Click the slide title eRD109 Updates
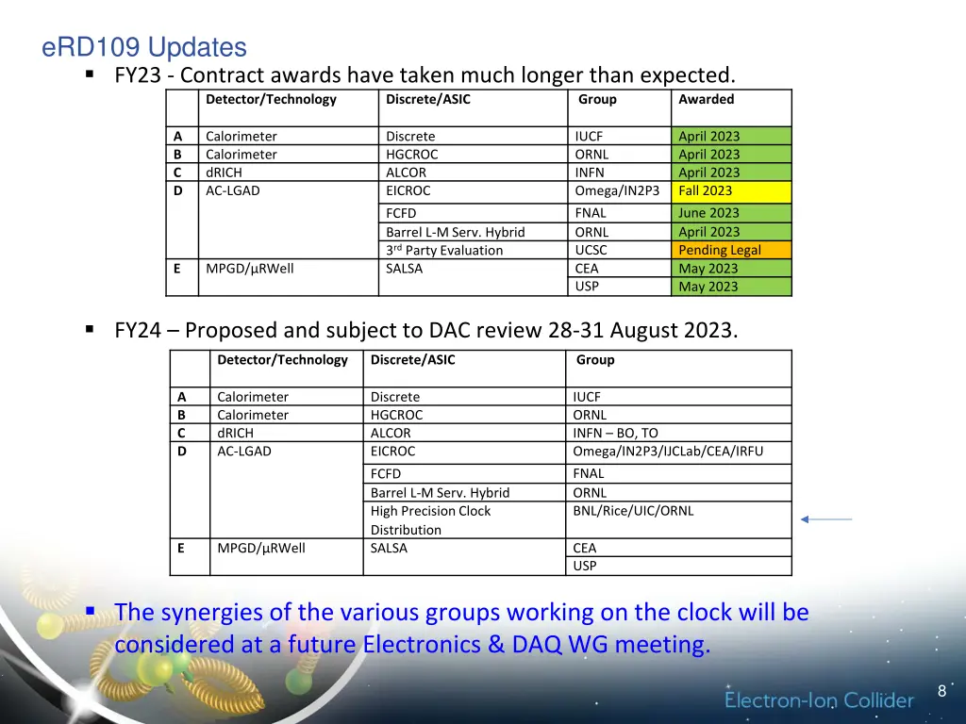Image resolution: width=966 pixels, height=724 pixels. tap(144, 47)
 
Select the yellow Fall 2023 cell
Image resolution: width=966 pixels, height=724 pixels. tap(731, 190)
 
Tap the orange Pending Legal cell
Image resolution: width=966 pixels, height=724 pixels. tap(731, 250)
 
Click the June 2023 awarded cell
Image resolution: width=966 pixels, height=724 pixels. tap(731, 213)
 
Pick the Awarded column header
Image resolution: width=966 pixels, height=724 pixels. tap(706, 99)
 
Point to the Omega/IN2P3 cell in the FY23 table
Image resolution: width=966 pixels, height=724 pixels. tap(617, 190)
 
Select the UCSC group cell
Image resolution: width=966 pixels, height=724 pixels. tap(591, 250)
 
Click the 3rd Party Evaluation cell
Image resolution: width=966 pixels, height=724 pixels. tap(444, 250)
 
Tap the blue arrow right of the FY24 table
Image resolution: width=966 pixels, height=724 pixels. tap(825, 518)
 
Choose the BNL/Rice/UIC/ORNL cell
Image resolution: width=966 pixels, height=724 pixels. tap(633, 511)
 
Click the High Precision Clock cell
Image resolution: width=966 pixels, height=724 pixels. tap(430, 511)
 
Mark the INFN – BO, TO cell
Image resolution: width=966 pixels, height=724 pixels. tap(615, 433)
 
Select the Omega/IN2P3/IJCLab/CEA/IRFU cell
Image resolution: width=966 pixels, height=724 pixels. tap(668, 451)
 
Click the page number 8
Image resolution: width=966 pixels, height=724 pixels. tap(941, 692)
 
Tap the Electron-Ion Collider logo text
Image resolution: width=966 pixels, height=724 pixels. tap(819, 700)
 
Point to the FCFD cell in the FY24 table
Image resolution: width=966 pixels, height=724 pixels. tap(386, 473)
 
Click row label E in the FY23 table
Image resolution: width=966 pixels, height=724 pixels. tap(176, 269)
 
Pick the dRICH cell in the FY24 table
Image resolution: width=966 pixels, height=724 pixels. tap(235, 433)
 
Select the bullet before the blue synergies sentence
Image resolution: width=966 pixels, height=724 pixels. tap(90, 612)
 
